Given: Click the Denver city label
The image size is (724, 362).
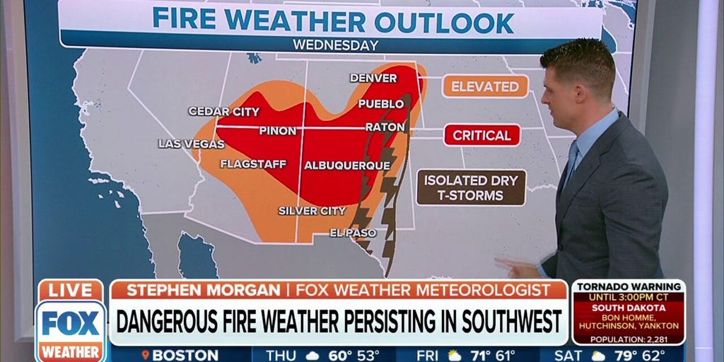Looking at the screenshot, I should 373,78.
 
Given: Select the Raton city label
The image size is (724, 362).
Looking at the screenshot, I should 385,127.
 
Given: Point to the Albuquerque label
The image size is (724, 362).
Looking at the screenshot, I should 347,165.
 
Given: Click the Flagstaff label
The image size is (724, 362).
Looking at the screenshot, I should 253,164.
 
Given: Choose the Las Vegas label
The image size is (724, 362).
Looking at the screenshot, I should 191,144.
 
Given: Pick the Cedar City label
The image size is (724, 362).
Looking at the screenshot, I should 223,112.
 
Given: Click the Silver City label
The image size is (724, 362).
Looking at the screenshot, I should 312,211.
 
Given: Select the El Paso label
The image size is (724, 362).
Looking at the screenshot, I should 353,233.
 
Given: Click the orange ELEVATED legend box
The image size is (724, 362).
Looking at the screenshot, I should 485,86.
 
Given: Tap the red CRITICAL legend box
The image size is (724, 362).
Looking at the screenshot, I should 481,135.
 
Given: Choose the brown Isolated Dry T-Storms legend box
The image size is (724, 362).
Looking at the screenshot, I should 470,187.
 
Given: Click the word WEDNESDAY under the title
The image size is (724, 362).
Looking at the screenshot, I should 336,45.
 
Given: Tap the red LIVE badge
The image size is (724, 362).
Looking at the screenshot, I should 70,290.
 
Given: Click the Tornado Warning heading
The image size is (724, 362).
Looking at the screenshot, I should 628,286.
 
